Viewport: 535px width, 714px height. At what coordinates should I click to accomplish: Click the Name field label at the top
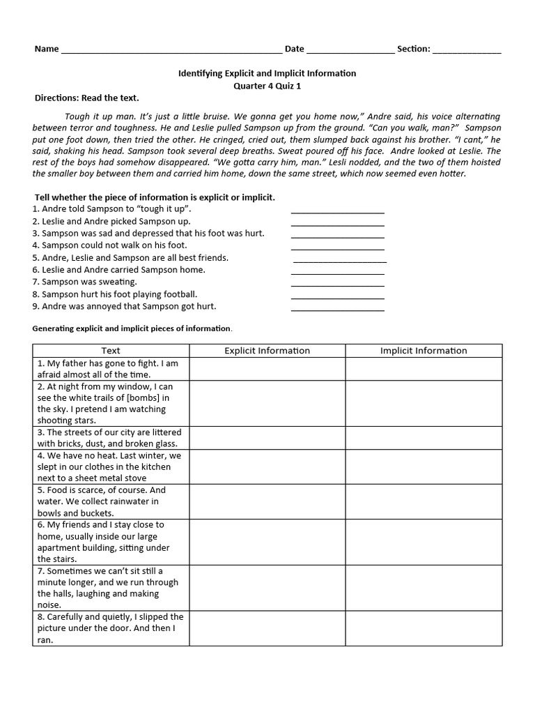pos(47,49)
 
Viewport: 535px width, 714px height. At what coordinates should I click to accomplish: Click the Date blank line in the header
pos(350,50)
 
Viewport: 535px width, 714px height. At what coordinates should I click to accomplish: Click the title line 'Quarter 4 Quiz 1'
pos(267,86)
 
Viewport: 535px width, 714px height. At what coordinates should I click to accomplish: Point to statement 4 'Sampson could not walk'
pos(109,245)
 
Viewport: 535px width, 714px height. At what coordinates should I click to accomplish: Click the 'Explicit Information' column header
pos(267,351)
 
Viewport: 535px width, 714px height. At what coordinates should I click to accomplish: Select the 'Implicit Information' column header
pos(424,351)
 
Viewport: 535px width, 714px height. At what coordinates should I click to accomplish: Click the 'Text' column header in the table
pos(111,351)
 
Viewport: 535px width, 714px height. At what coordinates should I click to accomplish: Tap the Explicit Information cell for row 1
pos(267,369)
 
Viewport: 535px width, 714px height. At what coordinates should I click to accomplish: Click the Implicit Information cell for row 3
pos(424,438)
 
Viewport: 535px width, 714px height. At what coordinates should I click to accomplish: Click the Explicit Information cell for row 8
pos(267,628)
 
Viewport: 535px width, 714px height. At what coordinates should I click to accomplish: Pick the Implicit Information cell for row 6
pos(424,542)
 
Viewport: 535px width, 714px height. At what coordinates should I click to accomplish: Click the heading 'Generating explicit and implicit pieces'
pos(132,328)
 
